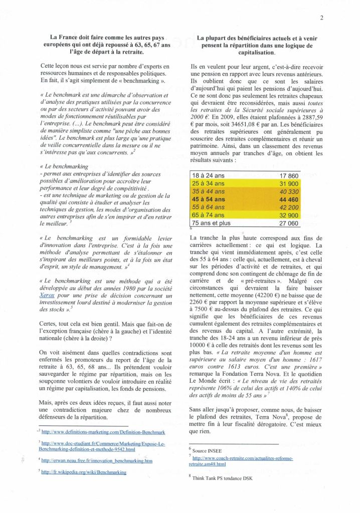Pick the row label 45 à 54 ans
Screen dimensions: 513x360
[x=210, y=199]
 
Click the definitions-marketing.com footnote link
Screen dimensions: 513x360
[x=102, y=431]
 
